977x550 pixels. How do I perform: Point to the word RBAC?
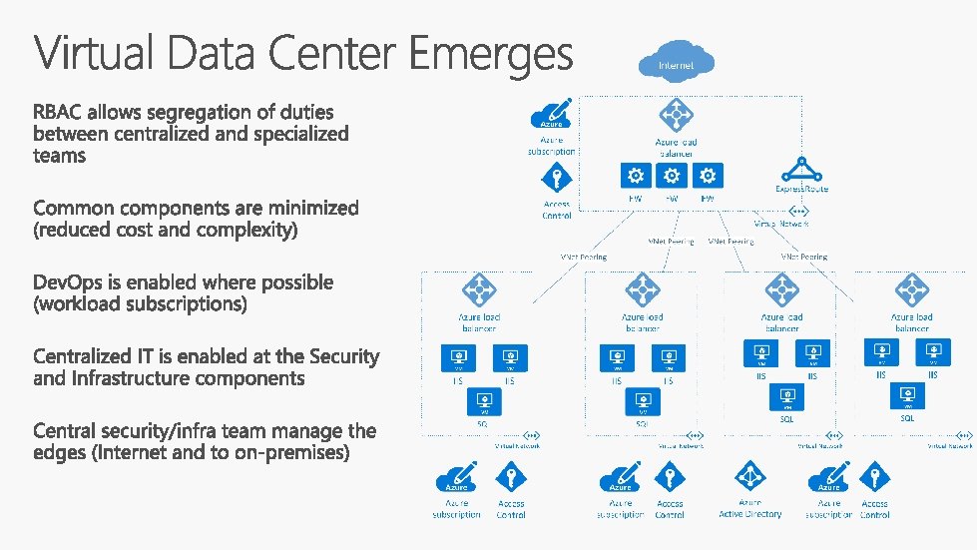coord(61,112)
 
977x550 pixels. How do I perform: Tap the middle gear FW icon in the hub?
coord(672,177)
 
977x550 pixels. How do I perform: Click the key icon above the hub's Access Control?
coord(557,179)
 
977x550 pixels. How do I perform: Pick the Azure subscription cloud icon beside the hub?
coord(552,113)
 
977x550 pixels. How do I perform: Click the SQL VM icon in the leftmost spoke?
coord(484,400)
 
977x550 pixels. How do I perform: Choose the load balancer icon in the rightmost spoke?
coord(910,291)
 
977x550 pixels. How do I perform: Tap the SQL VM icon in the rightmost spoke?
coord(908,396)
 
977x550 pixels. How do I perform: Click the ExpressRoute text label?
coord(801,189)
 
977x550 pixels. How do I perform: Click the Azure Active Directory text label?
coord(750,509)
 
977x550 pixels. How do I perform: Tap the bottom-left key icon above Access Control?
coord(510,478)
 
